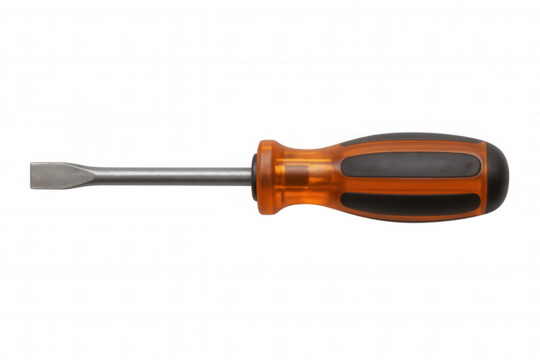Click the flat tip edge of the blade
[x=23, y=175]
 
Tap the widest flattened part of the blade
[x=45, y=175]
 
